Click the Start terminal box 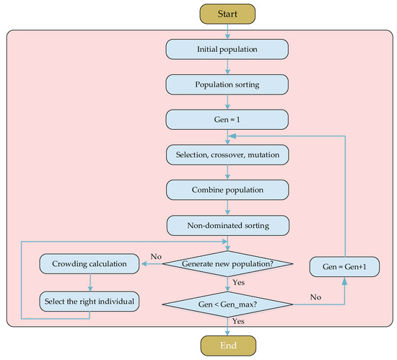click(x=227, y=12)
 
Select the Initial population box click(x=227, y=49)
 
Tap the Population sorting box click(x=227, y=84)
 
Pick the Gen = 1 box click(x=227, y=119)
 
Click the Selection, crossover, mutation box click(x=227, y=154)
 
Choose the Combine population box click(x=227, y=190)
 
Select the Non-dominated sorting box click(x=227, y=225)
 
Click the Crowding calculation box click(x=90, y=264)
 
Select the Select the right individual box click(x=90, y=299)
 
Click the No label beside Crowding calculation click(x=155, y=256)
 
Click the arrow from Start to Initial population click(x=227, y=30)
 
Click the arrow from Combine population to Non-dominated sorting click(x=227, y=207)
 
